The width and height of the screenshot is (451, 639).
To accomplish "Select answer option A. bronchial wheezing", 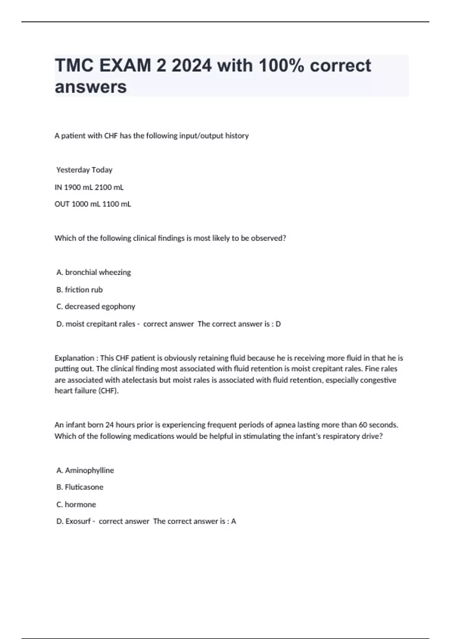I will (x=94, y=272).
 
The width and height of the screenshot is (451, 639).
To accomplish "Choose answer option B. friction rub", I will (x=79, y=289).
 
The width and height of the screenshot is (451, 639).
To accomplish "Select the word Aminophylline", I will (x=89, y=470).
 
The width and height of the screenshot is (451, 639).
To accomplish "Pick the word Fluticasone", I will (x=84, y=487).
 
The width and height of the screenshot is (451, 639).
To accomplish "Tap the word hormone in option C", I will (x=80, y=504).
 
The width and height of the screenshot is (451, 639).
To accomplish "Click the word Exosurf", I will (x=78, y=521).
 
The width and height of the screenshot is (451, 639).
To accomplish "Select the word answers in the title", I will (x=91, y=87).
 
